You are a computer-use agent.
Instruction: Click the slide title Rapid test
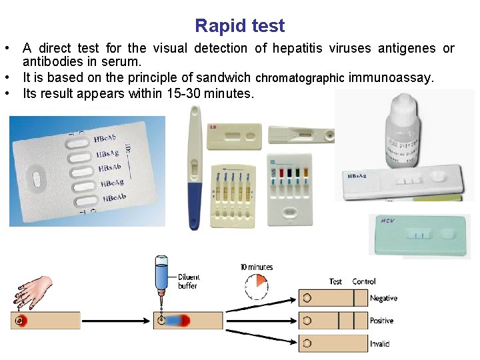click(x=239, y=26)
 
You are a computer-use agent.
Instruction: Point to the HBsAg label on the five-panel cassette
click(x=109, y=154)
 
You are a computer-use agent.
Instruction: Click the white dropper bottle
click(x=402, y=127)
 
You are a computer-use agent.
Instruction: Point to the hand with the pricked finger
click(x=33, y=289)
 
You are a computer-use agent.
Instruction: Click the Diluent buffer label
click(x=189, y=281)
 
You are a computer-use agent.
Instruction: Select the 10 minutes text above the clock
click(x=257, y=267)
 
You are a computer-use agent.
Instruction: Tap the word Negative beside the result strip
click(x=383, y=299)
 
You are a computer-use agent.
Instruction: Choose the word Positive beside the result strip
click(x=382, y=321)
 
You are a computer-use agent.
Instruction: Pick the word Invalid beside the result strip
click(x=380, y=344)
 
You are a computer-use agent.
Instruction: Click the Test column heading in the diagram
click(x=336, y=282)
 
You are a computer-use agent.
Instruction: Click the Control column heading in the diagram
click(x=364, y=282)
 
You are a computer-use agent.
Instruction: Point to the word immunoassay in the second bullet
click(x=391, y=78)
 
